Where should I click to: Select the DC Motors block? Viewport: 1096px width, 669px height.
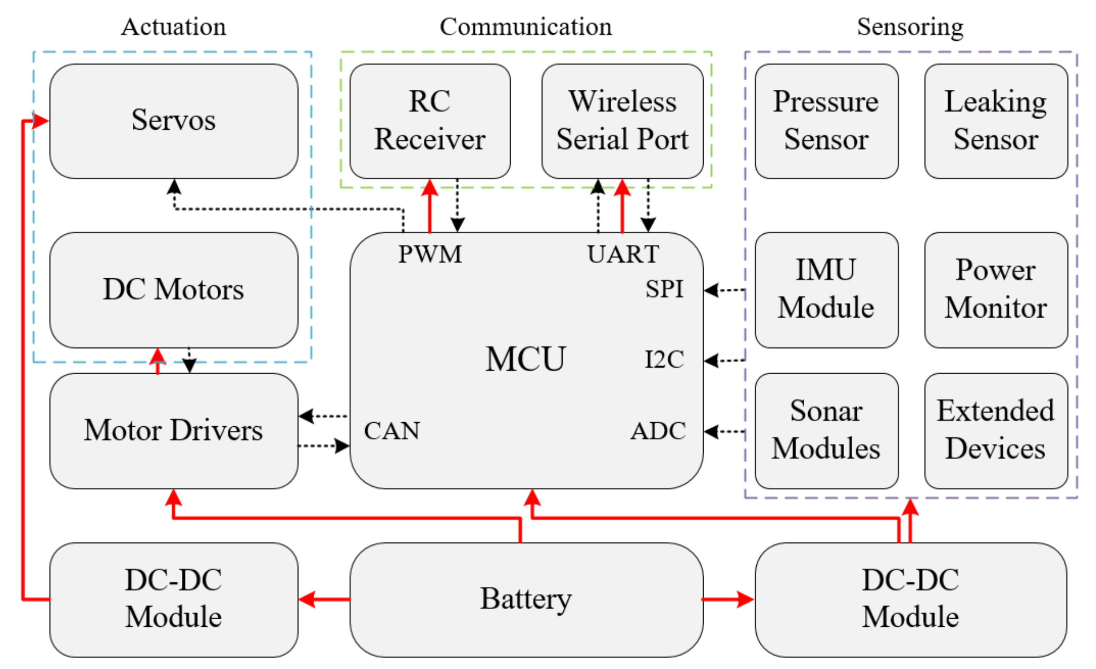[x=173, y=289]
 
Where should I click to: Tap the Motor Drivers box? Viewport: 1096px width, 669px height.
[x=173, y=430]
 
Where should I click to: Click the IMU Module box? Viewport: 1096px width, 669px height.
[x=826, y=289]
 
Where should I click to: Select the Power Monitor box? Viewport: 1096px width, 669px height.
[x=995, y=289]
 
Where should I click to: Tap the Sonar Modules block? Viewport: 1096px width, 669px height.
[x=826, y=430]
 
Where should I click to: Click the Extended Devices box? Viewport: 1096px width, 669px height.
[x=995, y=430]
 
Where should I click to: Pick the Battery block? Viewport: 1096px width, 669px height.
[x=526, y=599]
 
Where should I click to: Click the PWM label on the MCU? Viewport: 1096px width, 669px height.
[x=430, y=254]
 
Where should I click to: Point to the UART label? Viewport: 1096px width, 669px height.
[x=623, y=254]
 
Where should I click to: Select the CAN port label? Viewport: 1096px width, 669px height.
[x=391, y=431]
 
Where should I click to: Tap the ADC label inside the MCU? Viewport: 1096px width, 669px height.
[x=658, y=431]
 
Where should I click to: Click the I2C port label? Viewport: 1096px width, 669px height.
[x=664, y=359]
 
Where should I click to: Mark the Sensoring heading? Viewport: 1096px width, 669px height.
[x=910, y=27]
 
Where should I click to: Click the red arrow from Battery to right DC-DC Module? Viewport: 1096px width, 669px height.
[x=727, y=599]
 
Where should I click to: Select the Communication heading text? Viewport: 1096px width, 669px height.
[x=525, y=27]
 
